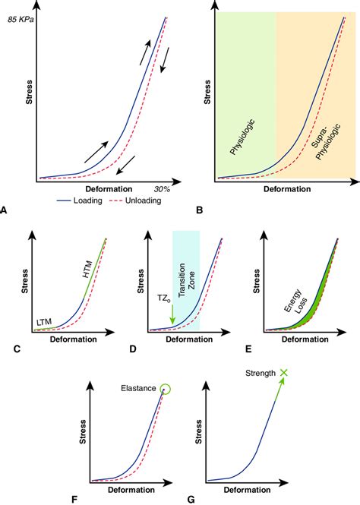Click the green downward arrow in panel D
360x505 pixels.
coord(172,314)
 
